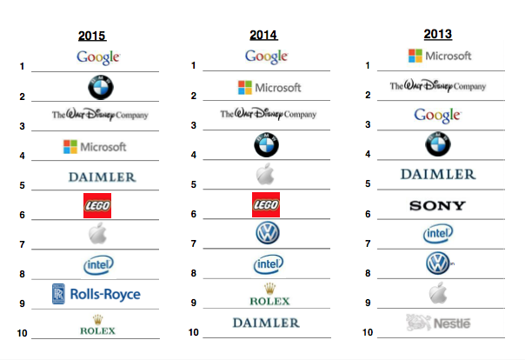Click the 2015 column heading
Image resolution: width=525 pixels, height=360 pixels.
[92, 37]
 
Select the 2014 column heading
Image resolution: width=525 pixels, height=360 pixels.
[263, 36]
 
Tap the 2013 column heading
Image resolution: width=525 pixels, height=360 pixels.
[437, 35]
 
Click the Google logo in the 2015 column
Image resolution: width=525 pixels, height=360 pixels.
[97, 57]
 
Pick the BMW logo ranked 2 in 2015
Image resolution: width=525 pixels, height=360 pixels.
[101, 87]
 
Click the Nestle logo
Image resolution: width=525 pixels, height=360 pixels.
[439, 323]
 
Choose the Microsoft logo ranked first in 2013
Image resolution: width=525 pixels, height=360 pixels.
[440, 56]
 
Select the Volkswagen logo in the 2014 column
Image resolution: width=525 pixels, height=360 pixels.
[267, 233]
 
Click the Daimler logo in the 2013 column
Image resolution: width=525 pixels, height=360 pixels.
[438, 175]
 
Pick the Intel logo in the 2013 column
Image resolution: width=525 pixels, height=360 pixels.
[437, 233]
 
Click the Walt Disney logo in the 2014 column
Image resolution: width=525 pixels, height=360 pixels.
[268, 114]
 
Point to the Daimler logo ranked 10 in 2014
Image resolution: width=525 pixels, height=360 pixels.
[266, 323]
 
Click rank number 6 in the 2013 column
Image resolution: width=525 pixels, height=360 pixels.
[369, 214]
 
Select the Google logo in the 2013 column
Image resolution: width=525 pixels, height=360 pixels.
[437, 115]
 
